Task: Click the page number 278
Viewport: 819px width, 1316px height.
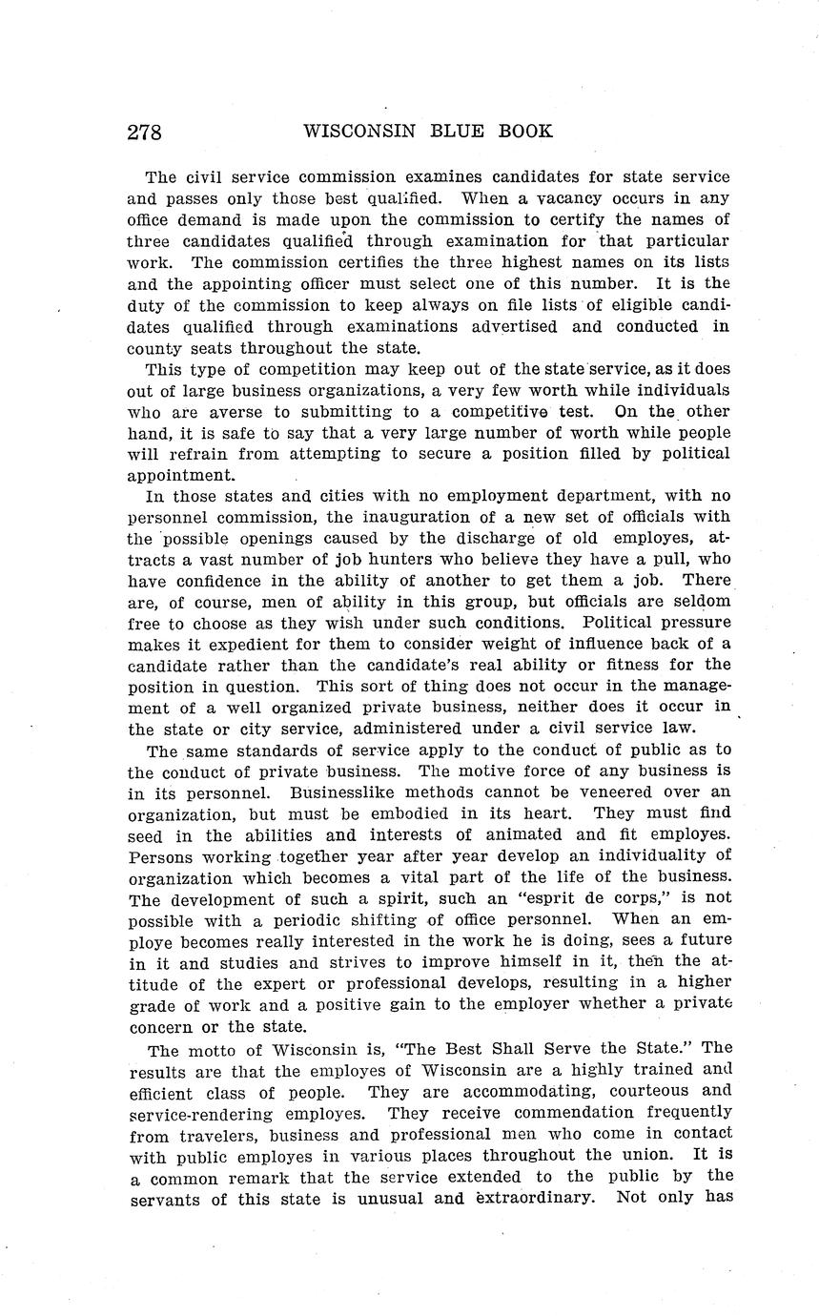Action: click(145, 132)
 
